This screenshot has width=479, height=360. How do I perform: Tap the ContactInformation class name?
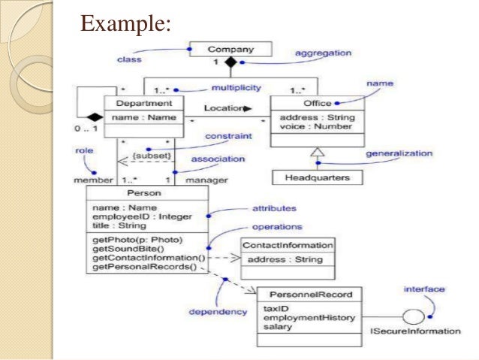(288, 245)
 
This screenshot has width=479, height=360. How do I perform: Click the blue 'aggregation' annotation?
(323, 53)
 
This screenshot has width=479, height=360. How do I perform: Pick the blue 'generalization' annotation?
(399, 153)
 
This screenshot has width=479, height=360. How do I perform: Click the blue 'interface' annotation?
(424, 289)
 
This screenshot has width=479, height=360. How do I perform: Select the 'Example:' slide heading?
(126, 23)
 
